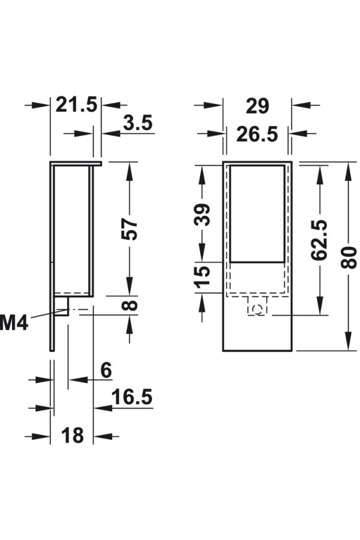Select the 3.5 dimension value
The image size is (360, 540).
pyautogui.click(x=138, y=123)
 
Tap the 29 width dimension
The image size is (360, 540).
pyautogui.click(x=257, y=106)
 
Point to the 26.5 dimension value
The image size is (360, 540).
pyautogui.click(x=257, y=134)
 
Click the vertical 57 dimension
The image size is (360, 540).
pyautogui.click(x=130, y=229)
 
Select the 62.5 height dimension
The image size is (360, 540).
pyautogui.click(x=319, y=240)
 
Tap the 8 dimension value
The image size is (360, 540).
pyautogui.click(x=130, y=305)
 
